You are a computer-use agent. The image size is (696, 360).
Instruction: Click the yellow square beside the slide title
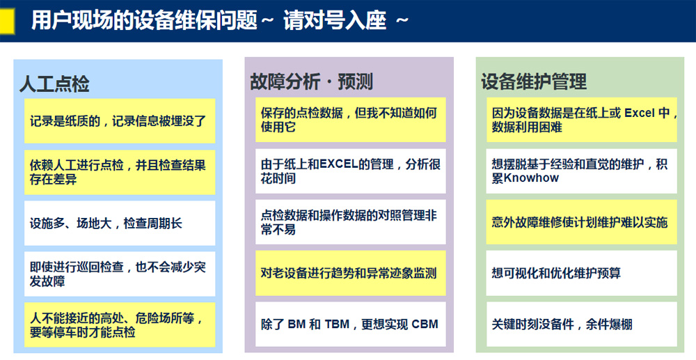point(7,22)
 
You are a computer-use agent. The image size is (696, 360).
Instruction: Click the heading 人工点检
point(54,84)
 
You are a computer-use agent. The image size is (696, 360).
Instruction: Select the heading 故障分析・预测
point(311,81)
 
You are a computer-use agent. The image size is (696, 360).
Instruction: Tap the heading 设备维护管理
point(534,81)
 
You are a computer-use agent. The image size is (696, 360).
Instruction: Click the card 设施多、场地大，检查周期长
point(120,223)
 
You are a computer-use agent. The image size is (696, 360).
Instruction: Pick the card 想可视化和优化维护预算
point(581,273)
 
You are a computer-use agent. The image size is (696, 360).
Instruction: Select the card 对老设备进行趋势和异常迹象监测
point(350,273)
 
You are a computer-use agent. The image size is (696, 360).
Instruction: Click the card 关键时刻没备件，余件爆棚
point(581,324)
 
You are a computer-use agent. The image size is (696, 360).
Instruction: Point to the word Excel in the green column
point(640,114)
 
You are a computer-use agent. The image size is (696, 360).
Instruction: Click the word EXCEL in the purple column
point(339,164)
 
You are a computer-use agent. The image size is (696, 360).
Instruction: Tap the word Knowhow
point(531,178)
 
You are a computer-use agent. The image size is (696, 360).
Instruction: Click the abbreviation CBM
point(425,324)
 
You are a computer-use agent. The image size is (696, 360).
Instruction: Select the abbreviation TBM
point(337,324)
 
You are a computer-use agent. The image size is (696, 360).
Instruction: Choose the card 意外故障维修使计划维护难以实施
point(581,222)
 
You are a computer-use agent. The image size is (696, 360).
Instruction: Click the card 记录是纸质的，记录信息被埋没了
point(120,120)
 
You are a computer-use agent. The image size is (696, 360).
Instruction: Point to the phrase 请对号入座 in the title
point(335,21)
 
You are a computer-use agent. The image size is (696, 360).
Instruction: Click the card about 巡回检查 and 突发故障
point(120,274)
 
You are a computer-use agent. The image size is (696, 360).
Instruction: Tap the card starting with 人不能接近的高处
point(120,325)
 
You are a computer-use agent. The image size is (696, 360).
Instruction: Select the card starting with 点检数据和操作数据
point(350,222)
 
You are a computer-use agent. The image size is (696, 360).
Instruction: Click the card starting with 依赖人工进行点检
point(120,172)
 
